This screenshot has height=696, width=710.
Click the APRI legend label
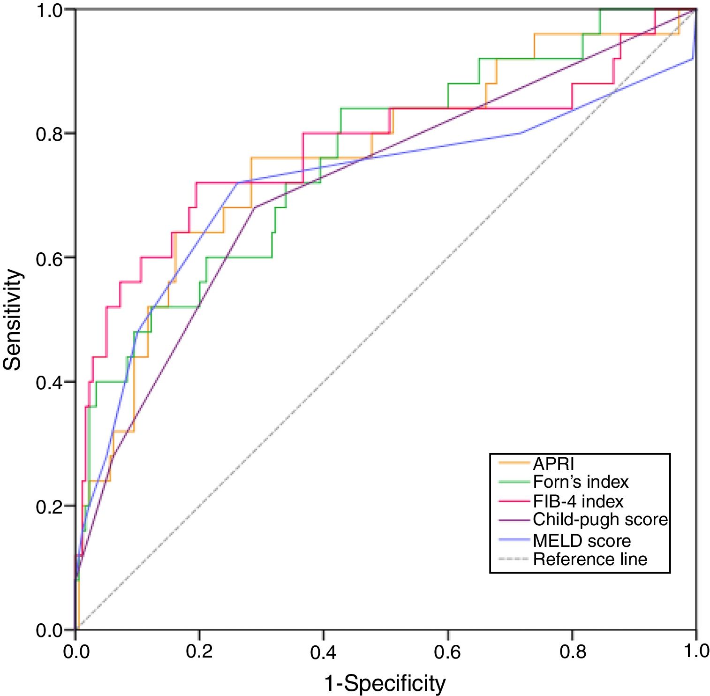pos(553,464)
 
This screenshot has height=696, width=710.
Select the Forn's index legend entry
pos(581,482)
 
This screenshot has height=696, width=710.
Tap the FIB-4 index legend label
pos(578,501)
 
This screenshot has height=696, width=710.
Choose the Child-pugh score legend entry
pos(600,520)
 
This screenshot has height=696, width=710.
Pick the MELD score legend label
pos(582,541)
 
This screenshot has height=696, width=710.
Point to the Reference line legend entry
pos(590,559)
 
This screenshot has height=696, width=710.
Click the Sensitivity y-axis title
pos(13,319)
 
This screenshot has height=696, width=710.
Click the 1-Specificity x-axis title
pos(385,683)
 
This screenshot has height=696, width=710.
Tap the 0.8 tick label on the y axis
pos(49,134)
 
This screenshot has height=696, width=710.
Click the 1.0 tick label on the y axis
pos(49,10)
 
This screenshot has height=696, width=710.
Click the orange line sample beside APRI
pos(514,463)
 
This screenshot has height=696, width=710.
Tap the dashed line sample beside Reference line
pos(514,559)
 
